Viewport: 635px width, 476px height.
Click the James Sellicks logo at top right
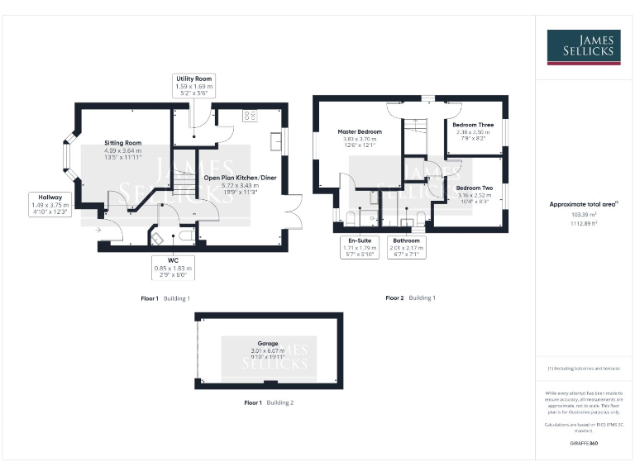[x=583, y=47]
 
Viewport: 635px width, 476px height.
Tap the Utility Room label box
[x=193, y=86]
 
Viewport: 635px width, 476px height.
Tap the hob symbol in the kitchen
[x=250, y=116]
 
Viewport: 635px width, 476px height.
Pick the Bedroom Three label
[x=474, y=132]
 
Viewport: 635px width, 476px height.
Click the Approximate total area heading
[x=584, y=203]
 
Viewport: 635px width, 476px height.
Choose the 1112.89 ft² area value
[x=584, y=223]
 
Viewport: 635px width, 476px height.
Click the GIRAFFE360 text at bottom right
[x=584, y=444]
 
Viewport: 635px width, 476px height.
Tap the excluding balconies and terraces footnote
[x=584, y=368]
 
